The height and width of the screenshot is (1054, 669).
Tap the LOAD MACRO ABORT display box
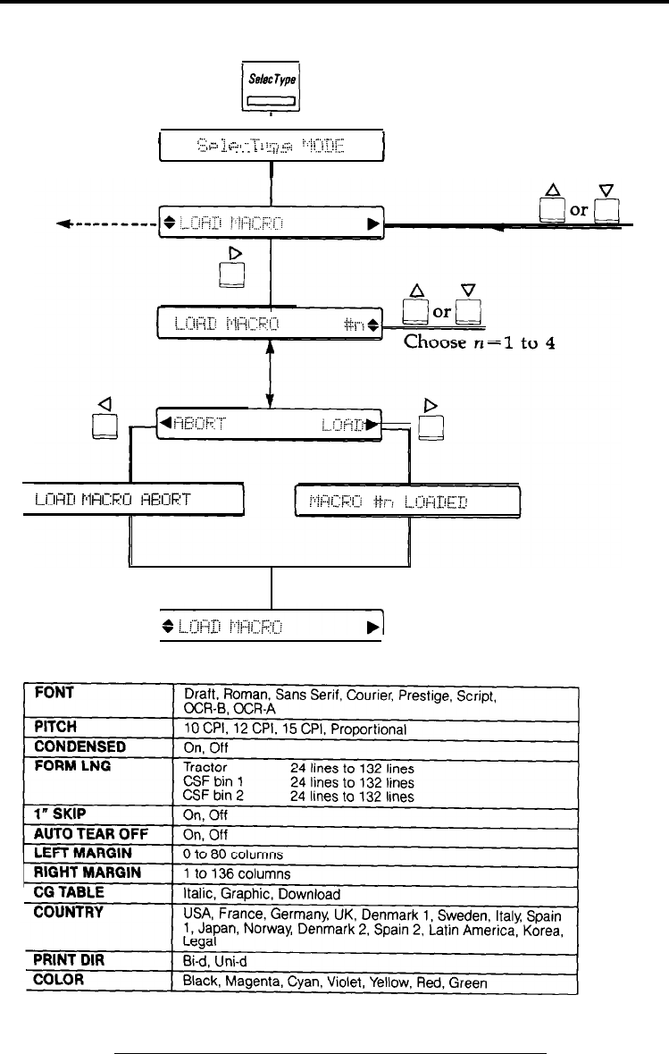(x=132, y=500)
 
